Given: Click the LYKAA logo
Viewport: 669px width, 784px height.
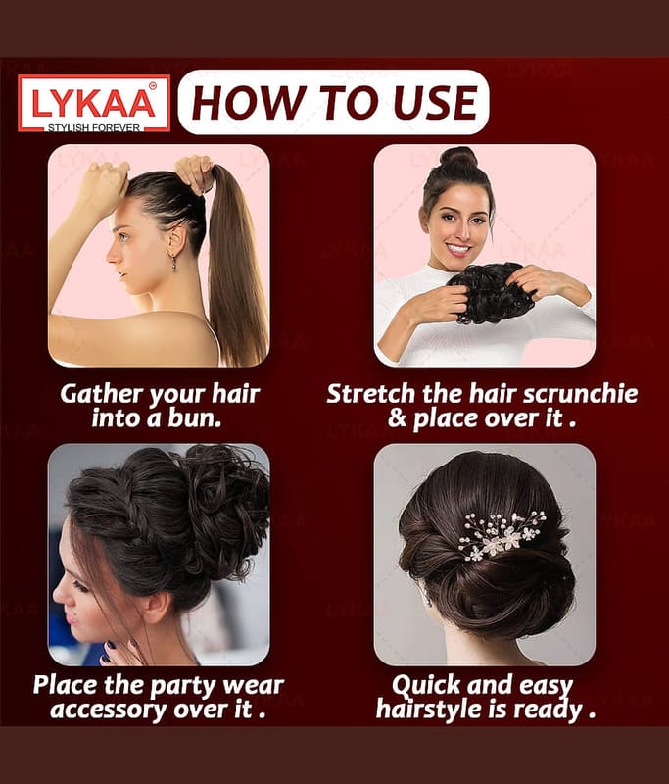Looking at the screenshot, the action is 94,104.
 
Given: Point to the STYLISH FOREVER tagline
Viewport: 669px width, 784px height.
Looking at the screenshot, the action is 94,128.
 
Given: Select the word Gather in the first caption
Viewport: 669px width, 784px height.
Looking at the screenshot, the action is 102,394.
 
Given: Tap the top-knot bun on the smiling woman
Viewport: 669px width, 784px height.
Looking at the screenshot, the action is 458,158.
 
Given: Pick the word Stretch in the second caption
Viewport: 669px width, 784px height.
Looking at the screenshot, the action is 370,394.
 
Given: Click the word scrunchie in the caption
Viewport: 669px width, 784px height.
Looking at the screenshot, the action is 580,394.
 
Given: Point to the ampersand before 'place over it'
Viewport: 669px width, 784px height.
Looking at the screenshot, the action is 398,418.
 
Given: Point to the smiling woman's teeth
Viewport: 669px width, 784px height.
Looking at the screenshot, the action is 458,248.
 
